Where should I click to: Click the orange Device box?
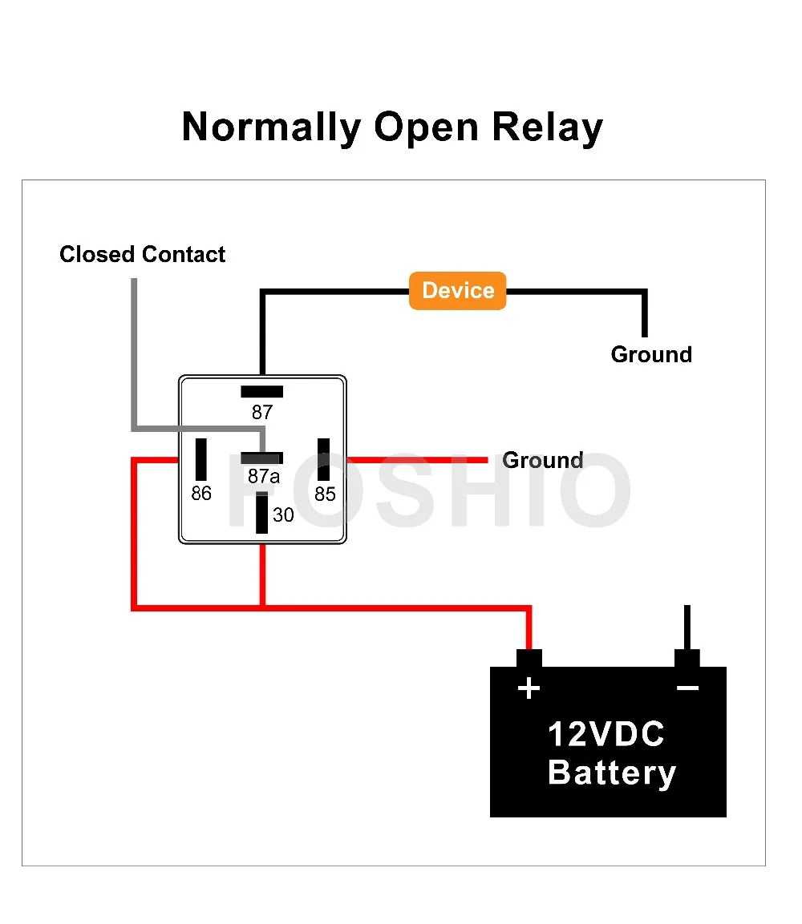click(x=458, y=291)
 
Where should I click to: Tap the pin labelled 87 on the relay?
click(x=261, y=391)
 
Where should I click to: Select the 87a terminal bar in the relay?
click(x=261, y=458)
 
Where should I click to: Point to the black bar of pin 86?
click(x=201, y=459)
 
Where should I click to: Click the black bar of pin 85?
click(x=324, y=459)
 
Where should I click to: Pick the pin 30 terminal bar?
click(x=261, y=513)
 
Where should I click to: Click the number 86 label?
click(x=201, y=493)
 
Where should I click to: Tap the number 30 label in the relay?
click(x=283, y=515)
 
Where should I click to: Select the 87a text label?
click(x=264, y=475)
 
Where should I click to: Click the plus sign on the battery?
click(x=529, y=688)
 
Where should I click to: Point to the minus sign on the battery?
click(x=687, y=688)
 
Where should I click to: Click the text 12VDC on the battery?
click(x=606, y=734)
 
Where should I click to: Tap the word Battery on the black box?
click(x=611, y=773)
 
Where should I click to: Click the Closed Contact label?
click(x=142, y=255)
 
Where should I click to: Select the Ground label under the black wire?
click(x=651, y=355)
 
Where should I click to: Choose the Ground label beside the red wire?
click(x=542, y=460)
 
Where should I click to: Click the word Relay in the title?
click(x=547, y=128)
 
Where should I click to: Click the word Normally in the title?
click(x=271, y=128)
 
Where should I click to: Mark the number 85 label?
click(x=325, y=494)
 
